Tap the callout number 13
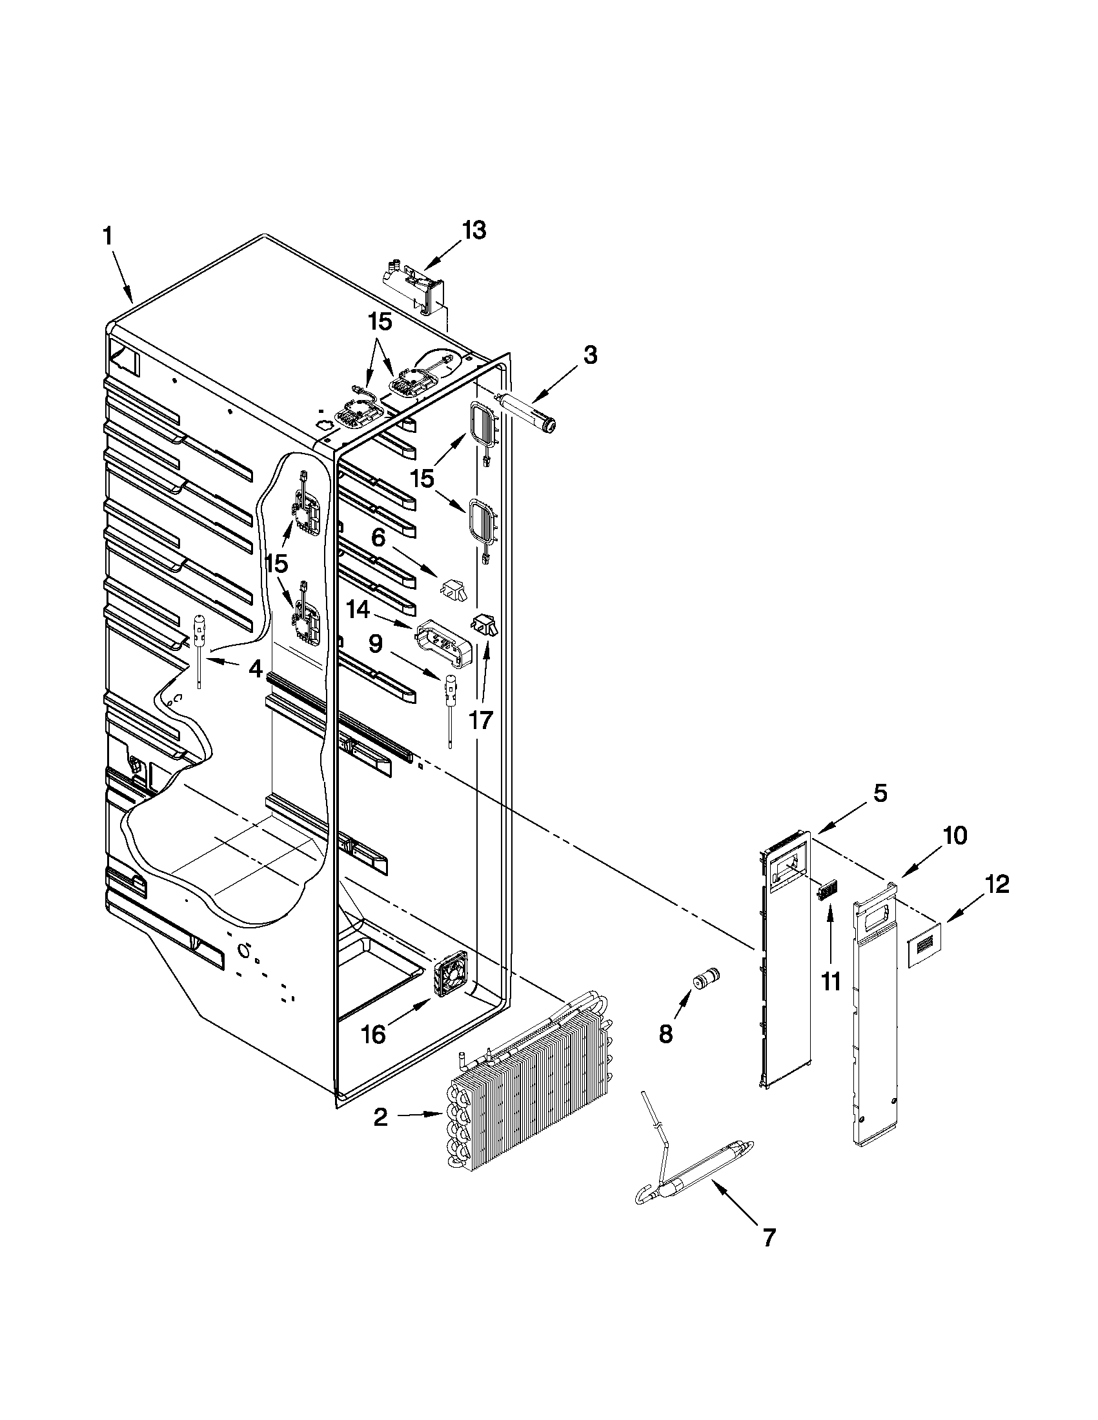474,231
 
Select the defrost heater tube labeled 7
693,1189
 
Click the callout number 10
953,836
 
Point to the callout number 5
880,795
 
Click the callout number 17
481,721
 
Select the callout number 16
373,1034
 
